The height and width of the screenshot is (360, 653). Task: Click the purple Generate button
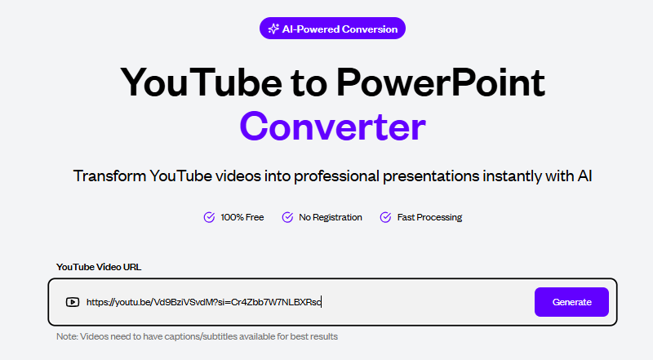pyautogui.click(x=571, y=302)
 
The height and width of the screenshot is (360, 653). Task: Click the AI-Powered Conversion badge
pyautogui.click(x=332, y=29)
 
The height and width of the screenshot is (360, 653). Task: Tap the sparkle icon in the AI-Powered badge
pyautogui.click(x=273, y=29)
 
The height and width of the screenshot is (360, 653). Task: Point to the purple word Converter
pyautogui.click(x=332, y=127)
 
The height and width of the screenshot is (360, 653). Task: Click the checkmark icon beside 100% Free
pyautogui.click(x=209, y=217)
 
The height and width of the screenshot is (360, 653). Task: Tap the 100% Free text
pyautogui.click(x=242, y=217)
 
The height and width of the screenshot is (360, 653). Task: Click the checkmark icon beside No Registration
pyautogui.click(x=287, y=217)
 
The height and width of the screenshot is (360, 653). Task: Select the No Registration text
pyautogui.click(x=331, y=217)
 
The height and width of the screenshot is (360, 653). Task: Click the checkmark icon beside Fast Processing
pyautogui.click(x=386, y=217)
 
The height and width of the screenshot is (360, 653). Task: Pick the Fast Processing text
pyautogui.click(x=429, y=217)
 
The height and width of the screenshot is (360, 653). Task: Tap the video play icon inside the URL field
pyautogui.click(x=73, y=302)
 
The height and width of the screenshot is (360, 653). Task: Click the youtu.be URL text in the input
pyautogui.click(x=203, y=302)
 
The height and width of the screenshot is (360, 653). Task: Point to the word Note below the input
pyautogui.click(x=67, y=336)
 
